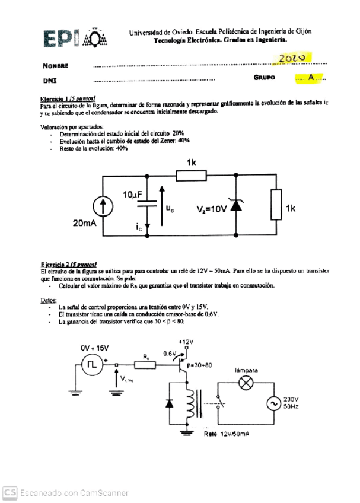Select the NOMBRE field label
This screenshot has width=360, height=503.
click(56, 65)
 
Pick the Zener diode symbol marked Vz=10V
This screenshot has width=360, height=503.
click(236, 205)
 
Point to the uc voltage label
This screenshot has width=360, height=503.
click(170, 208)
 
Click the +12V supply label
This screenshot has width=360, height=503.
click(186, 342)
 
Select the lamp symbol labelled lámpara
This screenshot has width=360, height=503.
click(246, 383)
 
